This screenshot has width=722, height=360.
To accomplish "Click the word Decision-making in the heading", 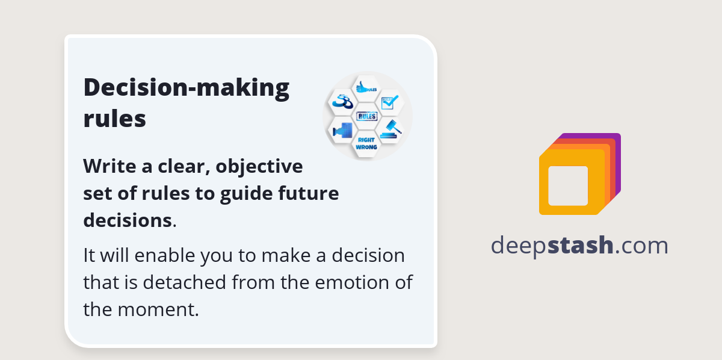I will pyautogui.click(x=186, y=88).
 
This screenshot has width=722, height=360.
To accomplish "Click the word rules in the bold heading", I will pyautogui.click(x=114, y=119).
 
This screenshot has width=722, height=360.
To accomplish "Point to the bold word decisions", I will pyautogui.click(x=127, y=220).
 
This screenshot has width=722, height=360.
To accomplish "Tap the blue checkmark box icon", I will pyautogui.click(x=390, y=103).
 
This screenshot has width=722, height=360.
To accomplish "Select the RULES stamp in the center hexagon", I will pyautogui.click(x=366, y=116).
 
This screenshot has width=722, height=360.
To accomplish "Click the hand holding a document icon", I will pyautogui.click(x=342, y=130).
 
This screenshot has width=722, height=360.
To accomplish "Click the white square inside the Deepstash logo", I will pyautogui.click(x=568, y=185).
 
